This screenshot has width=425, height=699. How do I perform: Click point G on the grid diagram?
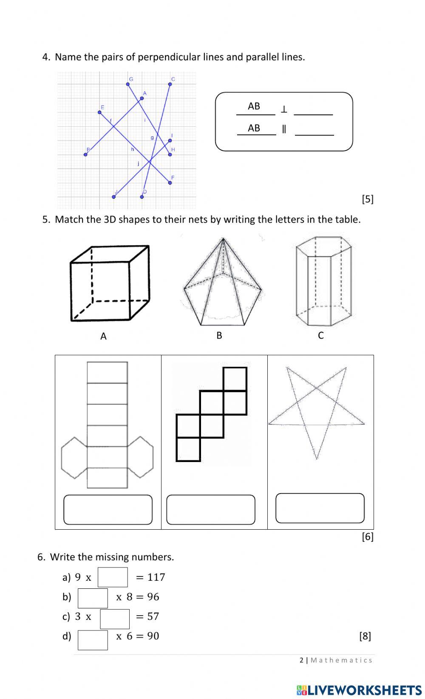[128, 84]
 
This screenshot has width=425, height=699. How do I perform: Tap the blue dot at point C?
[170, 84]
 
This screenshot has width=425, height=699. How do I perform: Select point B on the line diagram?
[86, 154]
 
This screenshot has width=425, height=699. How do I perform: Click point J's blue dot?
[114, 197]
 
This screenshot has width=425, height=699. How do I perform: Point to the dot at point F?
[170, 183]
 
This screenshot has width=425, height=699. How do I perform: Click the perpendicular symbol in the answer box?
[284, 110]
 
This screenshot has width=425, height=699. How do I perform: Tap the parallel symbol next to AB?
[284, 129]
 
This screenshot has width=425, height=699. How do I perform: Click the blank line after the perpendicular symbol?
[313, 111]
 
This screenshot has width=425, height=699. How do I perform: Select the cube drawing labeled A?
[110, 283]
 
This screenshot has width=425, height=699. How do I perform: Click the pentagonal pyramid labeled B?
[222, 283]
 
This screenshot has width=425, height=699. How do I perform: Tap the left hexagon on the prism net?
[74, 457]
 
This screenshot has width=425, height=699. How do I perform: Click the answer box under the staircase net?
[211, 509]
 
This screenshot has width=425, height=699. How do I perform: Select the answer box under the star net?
[320, 508]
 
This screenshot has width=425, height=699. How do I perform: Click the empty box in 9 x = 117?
[113, 577]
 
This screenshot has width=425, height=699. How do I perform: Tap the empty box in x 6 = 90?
[93, 640]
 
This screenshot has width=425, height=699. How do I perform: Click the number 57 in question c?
[153, 616]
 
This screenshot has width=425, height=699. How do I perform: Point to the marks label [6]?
[368, 537]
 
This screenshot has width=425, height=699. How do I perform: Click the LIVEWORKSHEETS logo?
[359, 690]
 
